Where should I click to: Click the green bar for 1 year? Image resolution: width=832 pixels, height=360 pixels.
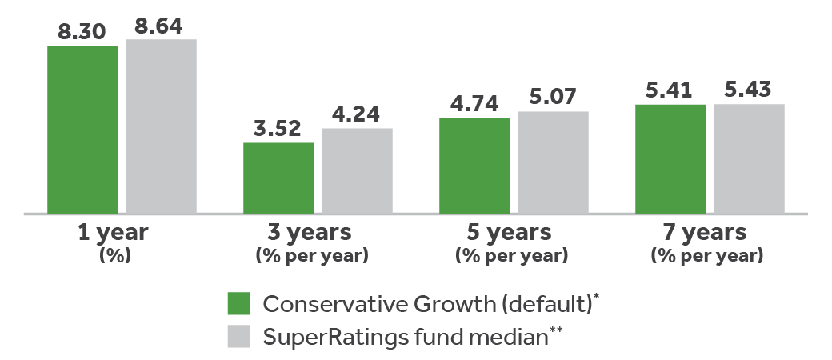coord(82,130)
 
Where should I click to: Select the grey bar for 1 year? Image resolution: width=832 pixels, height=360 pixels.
coord(161,126)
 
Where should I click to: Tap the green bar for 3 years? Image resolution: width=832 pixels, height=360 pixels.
coord(278,178)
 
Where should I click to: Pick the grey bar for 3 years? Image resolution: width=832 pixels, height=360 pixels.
coord(357,170)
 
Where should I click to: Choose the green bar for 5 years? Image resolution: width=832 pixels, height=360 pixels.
coord(474,166)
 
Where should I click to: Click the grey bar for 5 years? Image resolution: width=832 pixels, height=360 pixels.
coord(553,162)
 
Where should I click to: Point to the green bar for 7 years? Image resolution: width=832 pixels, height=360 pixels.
coord(670,158)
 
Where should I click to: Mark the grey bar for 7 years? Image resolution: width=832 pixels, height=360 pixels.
coord(749,158)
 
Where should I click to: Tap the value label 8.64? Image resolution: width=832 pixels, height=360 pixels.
coord(161,26)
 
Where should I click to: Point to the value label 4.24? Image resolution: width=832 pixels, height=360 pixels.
coord(357,115)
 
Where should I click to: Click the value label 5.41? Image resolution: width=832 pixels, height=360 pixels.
coord(670,91)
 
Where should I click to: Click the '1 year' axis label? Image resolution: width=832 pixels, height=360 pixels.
coord(114,233)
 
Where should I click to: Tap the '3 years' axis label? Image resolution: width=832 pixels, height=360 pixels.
coord(310,233)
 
